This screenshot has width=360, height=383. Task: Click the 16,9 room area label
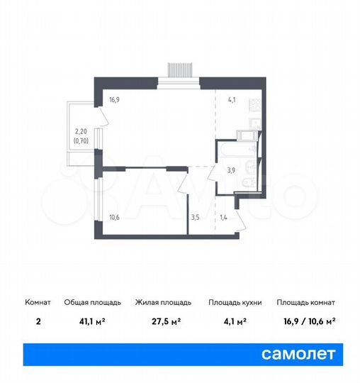(114, 101)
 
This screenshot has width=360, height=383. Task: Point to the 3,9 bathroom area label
(231, 170)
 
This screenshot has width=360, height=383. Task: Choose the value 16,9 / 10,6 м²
(305, 321)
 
